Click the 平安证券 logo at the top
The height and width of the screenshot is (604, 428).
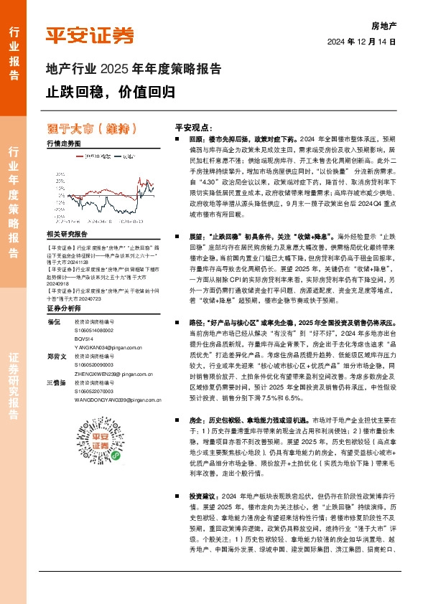(90, 34)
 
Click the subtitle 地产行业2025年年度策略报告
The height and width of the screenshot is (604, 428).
(134, 70)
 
